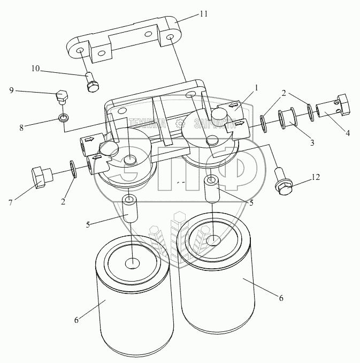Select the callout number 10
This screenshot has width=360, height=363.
(x=35, y=68)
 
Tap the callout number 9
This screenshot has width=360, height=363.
(x=11, y=90)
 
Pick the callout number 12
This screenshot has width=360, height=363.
(x=316, y=177)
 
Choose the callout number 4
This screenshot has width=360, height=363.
(x=348, y=133)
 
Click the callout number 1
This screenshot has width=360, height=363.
(x=256, y=86)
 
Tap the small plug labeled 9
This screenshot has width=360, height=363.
(x=62, y=96)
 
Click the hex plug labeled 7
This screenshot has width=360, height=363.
(x=40, y=177)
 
